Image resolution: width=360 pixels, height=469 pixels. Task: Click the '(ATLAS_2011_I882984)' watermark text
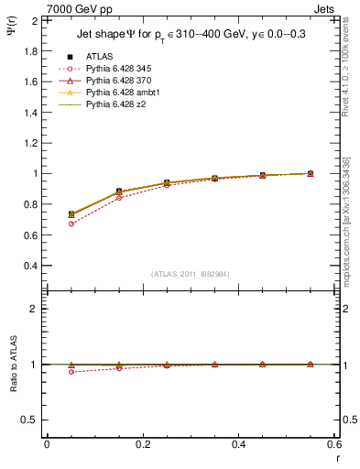coord(191,274)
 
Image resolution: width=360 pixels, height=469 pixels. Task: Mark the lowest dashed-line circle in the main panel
coord(71,224)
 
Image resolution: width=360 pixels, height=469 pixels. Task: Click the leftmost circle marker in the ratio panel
coord(71,372)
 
